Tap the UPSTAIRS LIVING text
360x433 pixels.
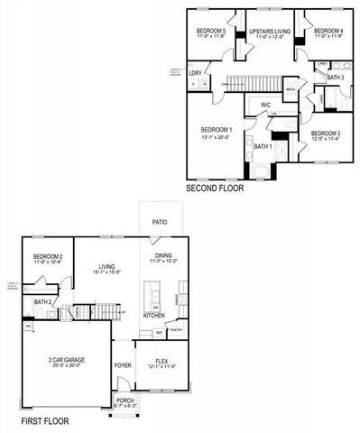click(x=269, y=30)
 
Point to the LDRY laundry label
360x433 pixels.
click(x=195, y=73)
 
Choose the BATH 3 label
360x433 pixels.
click(x=335, y=78)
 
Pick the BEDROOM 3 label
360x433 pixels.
click(x=326, y=134)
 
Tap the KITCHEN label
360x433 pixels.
click(x=154, y=315)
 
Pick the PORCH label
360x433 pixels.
click(x=124, y=401)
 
